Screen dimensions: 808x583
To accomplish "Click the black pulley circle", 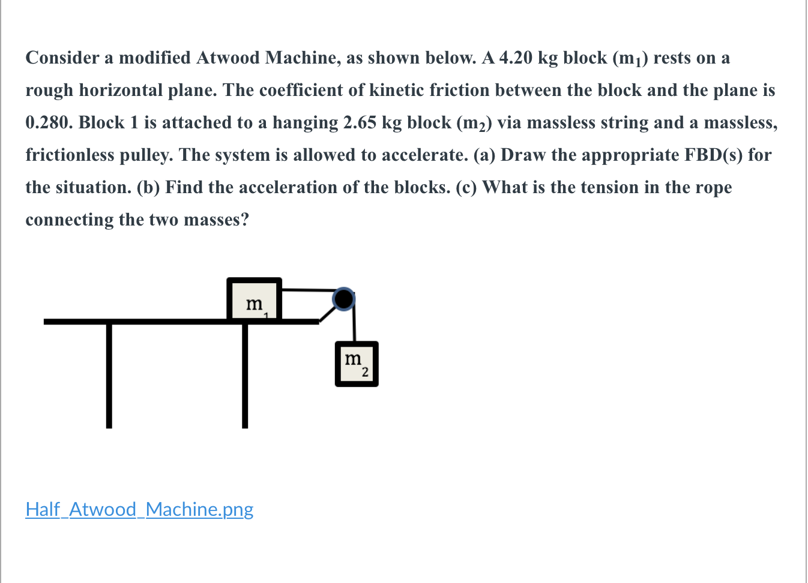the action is point(343,299).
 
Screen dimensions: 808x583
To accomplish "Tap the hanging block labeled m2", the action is point(357,364).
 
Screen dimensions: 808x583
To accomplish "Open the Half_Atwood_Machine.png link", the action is point(139,509).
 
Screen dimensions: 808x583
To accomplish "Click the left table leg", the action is point(109,375).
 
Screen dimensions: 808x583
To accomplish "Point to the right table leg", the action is point(245,375).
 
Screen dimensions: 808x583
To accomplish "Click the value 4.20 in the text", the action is point(516,58).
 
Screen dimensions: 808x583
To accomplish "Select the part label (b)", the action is point(148,187).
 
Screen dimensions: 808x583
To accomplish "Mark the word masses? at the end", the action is point(216,220).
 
